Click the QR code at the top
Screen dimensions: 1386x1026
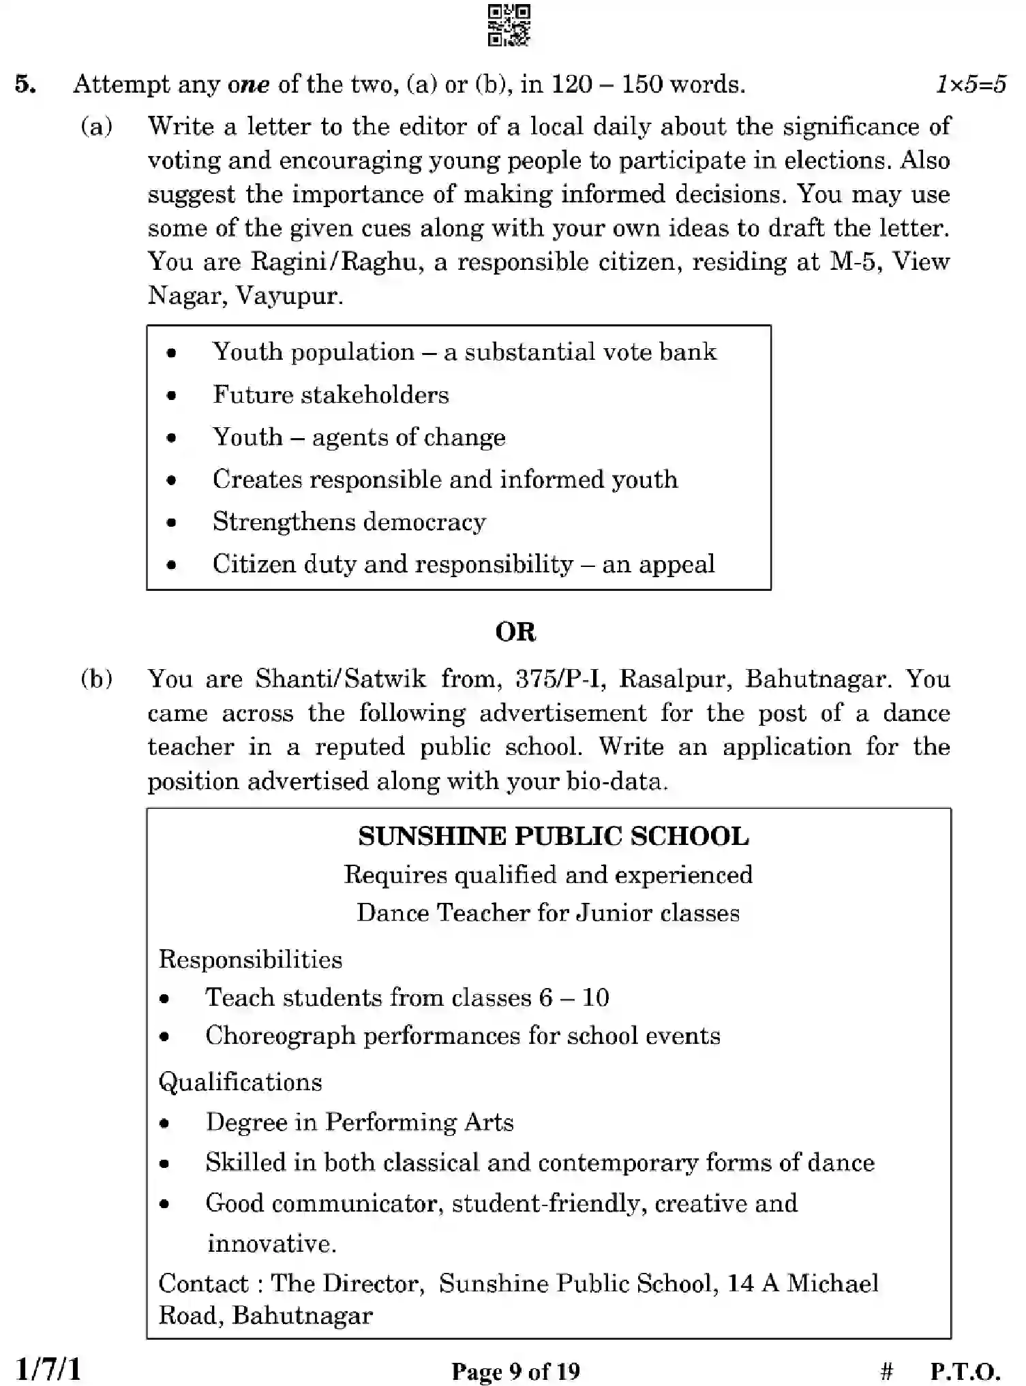[x=509, y=25]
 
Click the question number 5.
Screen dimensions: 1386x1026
[x=25, y=84]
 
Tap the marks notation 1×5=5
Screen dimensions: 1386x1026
[x=970, y=84]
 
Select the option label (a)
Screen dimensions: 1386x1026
[x=96, y=127]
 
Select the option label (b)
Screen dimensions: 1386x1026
[x=96, y=679]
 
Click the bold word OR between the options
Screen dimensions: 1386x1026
[x=515, y=632]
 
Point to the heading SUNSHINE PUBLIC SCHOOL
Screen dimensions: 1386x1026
[x=553, y=837]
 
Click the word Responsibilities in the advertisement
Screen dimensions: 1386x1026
[x=250, y=959]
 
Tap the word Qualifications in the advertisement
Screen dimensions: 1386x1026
[x=240, y=1082]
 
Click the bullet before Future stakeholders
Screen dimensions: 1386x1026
[x=172, y=395]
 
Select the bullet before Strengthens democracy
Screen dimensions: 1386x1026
[x=172, y=523]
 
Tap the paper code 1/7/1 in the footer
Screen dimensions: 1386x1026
[x=48, y=1370]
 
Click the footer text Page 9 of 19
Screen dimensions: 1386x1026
[x=515, y=1371]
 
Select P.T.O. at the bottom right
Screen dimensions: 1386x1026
[x=965, y=1371]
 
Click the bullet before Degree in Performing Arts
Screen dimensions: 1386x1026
[x=164, y=1124]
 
